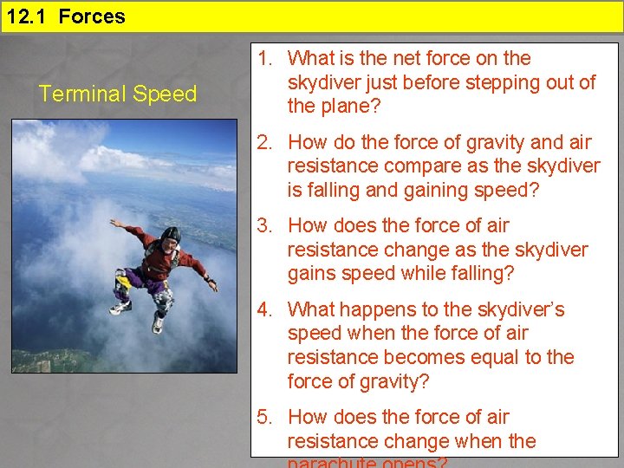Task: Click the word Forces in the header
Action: tap(92, 16)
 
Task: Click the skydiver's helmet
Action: tap(172, 235)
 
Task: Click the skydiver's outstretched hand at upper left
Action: tap(114, 223)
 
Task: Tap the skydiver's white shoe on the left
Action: tap(120, 307)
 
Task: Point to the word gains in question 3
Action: tap(314, 274)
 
